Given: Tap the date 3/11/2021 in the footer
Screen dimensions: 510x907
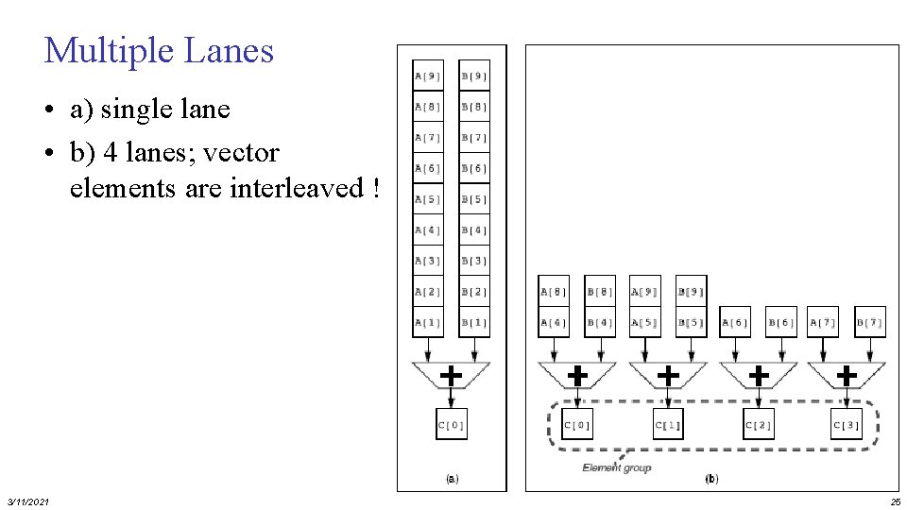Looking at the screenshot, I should (28, 501).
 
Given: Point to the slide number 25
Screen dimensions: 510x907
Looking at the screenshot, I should (895, 501).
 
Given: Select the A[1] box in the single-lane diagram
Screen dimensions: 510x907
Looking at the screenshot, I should (427, 322).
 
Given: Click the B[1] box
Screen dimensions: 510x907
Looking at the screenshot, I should (474, 322).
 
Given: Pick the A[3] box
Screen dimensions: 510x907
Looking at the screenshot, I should (427, 261).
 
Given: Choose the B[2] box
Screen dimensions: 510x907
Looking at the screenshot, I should (474, 292).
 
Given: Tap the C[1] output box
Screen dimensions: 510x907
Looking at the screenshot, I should (668, 426).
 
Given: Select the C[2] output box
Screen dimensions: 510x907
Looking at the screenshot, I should (758, 426).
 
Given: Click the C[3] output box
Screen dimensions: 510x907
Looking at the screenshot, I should (847, 426).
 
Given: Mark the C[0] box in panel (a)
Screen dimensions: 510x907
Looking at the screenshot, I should (451, 426).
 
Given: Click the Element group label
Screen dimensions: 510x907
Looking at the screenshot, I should (616, 467).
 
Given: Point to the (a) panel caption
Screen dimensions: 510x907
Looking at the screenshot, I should (452, 479).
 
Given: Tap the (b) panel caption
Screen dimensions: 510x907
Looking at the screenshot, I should (711, 479).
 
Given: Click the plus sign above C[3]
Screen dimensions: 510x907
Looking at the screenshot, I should (847, 376).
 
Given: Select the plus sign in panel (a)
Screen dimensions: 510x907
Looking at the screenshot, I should (452, 376).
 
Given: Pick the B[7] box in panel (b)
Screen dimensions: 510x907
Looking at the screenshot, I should (870, 322).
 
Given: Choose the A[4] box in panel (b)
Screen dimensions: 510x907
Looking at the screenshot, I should (554, 322).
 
